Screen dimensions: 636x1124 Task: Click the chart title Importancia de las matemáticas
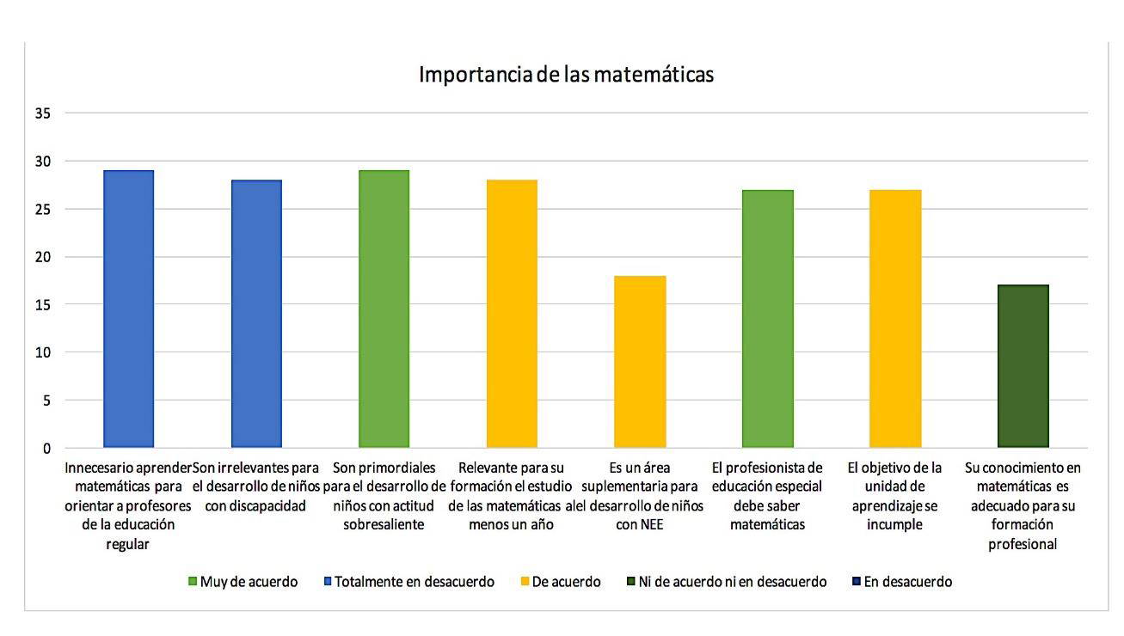[566, 75]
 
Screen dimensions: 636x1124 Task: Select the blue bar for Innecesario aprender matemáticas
[128, 309]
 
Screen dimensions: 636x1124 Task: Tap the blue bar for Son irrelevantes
[256, 314]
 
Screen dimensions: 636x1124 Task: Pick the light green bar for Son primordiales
[384, 309]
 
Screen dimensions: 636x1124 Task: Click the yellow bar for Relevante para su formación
[512, 314]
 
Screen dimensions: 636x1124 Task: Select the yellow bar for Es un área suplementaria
[640, 362]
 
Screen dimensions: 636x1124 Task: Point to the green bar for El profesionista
[767, 319]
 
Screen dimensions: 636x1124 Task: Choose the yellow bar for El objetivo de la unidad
[895, 319]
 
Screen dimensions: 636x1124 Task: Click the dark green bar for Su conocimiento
[1023, 366]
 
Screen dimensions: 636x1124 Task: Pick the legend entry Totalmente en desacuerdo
[409, 582]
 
